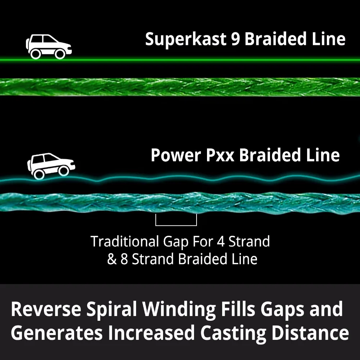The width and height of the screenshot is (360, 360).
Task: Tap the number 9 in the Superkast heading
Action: tap(235, 39)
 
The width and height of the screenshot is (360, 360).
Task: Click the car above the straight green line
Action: tap(49, 46)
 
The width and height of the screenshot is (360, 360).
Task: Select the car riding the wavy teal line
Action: tap(51, 166)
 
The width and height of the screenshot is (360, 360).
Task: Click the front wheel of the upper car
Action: tap(59, 54)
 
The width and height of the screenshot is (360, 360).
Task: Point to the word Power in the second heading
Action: tap(176, 155)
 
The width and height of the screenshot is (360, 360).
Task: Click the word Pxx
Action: tap(220, 156)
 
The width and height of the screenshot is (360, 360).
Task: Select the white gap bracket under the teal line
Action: tap(176, 225)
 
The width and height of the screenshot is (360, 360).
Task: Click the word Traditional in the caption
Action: tap(125, 241)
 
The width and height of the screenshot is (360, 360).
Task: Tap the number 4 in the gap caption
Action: tap(221, 242)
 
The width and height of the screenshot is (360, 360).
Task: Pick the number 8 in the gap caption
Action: tap(124, 259)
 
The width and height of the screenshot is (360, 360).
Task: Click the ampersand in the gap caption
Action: tap(112, 259)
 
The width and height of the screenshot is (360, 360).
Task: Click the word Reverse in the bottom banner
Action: tap(46, 309)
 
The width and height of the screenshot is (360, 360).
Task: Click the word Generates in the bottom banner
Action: tap(57, 333)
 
